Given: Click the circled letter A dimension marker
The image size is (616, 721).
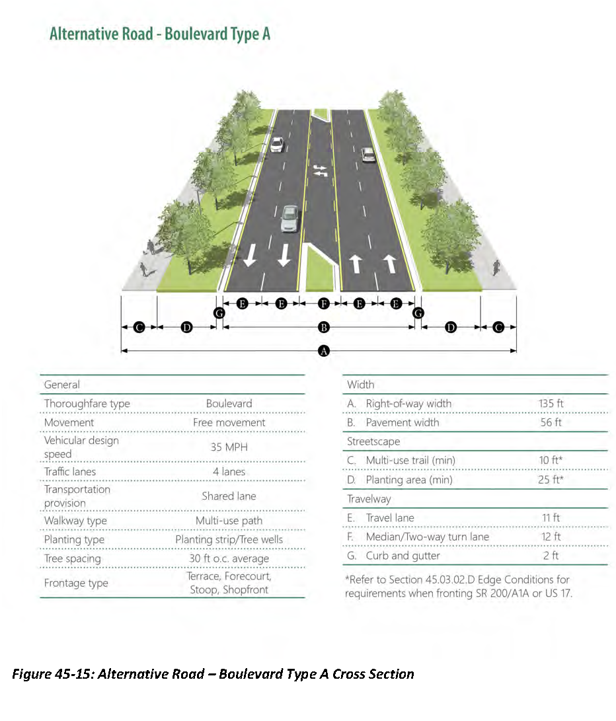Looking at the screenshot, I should (x=324, y=351).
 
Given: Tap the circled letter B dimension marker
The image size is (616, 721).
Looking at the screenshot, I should (x=324, y=327).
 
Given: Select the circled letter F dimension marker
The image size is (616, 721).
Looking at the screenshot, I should (x=324, y=303).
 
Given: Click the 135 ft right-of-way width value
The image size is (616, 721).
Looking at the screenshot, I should (x=551, y=403).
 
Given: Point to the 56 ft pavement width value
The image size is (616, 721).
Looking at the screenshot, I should (x=551, y=422).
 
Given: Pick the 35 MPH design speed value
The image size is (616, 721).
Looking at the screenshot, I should (x=229, y=447).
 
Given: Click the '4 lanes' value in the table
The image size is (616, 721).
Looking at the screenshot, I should (x=229, y=472).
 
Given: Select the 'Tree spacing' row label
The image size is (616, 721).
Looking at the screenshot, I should (x=73, y=558).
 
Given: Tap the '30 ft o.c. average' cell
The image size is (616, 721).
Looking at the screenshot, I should (x=229, y=558).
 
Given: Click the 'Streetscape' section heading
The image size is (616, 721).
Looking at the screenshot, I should (x=373, y=441).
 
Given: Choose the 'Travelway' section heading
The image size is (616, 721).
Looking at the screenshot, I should (x=369, y=499).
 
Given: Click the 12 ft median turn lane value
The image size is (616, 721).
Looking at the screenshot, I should (x=551, y=537).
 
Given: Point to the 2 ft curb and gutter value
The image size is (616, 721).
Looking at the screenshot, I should (x=551, y=556).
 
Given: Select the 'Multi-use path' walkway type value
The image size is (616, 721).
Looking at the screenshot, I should (x=229, y=521).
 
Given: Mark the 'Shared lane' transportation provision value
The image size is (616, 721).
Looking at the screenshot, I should (x=229, y=496).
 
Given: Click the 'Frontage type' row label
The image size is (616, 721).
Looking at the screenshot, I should (x=76, y=583).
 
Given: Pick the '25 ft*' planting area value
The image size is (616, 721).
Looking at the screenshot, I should (x=551, y=480).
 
